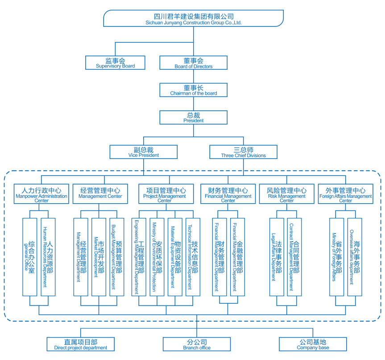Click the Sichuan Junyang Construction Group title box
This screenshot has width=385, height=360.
(x=194, y=18)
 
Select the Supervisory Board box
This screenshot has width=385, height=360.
(x=116, y=63)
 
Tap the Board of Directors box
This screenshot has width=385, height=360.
(x=194, y=63)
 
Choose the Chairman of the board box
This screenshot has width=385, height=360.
(x=194, y=90)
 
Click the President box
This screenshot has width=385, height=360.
(x=194, y=117)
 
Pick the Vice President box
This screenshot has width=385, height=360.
(x=144, y=152)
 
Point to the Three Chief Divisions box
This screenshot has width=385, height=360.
(x=244, y=152)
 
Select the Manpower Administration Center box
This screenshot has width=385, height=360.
(x=41, y=194)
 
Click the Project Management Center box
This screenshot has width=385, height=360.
(x=165, y=194)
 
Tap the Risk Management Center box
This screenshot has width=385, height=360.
(x=287, y=194)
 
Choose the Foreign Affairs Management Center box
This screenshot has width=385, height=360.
(x=346, y=194)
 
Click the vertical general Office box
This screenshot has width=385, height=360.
(x=29, y=257)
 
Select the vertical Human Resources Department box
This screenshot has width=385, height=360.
(x=48, y=257)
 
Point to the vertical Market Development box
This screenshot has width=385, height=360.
(x=99, y=257)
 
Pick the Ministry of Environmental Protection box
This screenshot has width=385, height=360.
(x=157, y=257)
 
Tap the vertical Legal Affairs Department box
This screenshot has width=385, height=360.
(x=276, y=257)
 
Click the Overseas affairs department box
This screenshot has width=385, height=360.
(x=354, y=257)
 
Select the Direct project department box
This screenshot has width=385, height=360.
(x=81, y=344)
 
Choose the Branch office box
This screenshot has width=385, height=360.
(x=197, y=344)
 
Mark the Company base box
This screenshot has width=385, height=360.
(x=313, y=344)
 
